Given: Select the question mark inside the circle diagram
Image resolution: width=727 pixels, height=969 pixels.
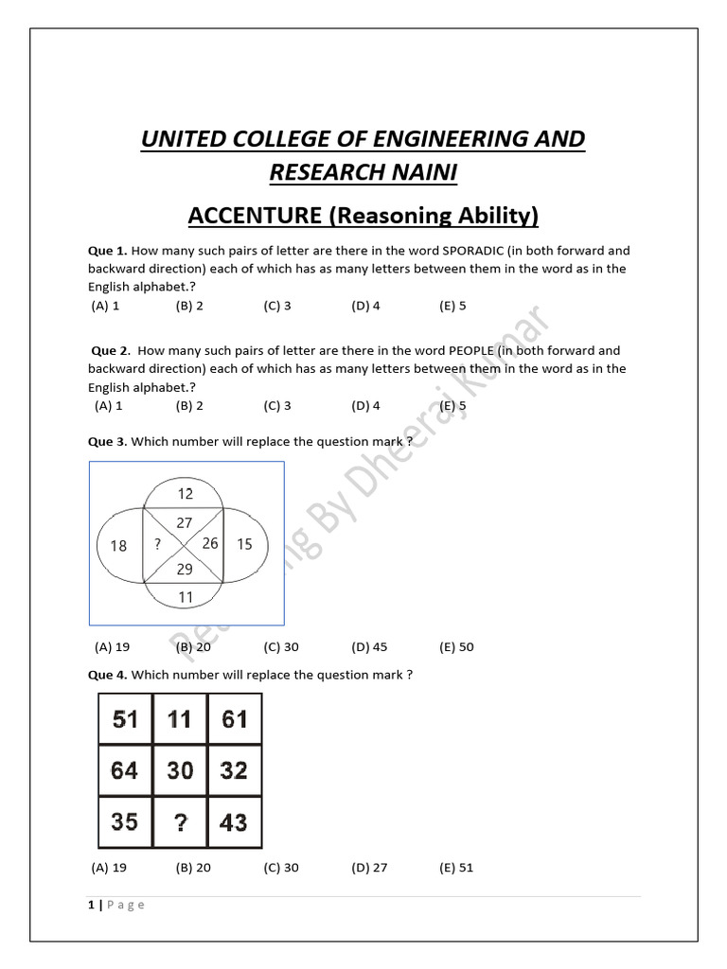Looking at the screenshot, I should [156, 544].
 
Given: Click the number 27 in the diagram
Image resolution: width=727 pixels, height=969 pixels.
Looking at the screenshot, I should [185, 522].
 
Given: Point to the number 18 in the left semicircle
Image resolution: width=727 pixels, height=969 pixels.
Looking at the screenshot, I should [118, 545].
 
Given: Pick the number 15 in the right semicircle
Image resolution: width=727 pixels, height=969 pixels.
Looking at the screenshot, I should [244, 544].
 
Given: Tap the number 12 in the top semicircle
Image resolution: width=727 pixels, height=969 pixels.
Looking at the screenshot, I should [185, 493].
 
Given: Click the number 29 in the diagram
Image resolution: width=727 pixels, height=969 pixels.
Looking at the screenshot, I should [185, 569].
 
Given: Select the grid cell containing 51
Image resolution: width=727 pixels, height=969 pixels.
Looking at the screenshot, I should [125, 719].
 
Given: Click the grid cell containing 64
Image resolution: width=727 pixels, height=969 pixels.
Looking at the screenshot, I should [125, 770].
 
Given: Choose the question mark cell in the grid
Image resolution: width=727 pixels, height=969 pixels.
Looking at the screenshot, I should [180, 821].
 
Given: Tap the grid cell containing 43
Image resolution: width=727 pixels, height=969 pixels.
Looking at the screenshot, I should [234, 821].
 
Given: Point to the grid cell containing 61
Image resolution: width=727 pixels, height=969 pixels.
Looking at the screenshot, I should [234, 719].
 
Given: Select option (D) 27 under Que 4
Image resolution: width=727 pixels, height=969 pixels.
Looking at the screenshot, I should [369, 868].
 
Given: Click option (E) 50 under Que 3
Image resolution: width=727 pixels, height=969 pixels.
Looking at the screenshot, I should [456, 647].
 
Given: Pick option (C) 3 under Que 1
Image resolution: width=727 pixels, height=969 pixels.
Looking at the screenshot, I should [277, 306].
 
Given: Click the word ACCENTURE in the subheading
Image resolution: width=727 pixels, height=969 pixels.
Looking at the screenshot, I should [255, 216].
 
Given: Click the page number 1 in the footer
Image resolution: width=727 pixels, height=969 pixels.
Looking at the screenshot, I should [91, 905].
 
